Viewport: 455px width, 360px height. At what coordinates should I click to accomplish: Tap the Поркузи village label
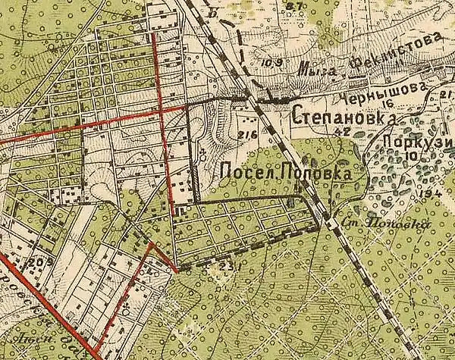(x=413, y=142)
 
